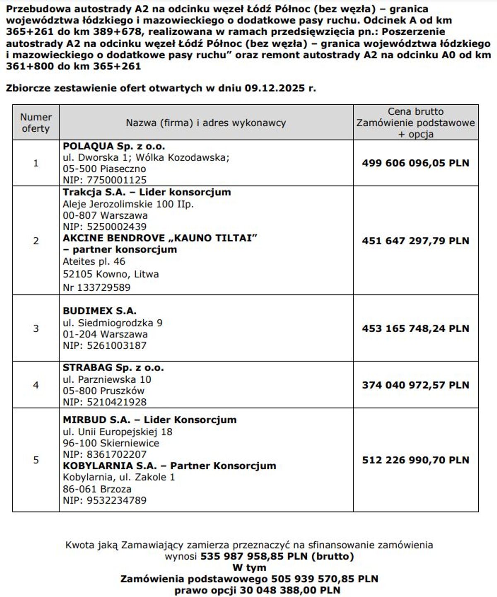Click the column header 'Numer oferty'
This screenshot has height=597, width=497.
pyautogui.click(x=36, y=123)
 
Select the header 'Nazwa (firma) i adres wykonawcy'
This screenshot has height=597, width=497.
pyautogui.click(x=206, y=123)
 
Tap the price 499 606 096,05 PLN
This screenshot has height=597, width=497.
pyautogui.click(x=415, y=163)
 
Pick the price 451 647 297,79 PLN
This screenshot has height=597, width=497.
pyautogui.click(x=415, y=241)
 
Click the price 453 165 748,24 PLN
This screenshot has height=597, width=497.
pyautogui.click(x=415, y=328)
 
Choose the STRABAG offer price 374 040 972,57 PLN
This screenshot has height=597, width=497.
pyautogui.click(x=415, y=385)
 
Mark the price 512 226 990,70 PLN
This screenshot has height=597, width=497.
pyautogui.click(x=415, y=460)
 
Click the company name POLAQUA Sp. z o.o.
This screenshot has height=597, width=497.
pyautogui.click(x=114, y=146)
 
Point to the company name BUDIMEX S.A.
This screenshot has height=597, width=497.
pyautogui.click(x=99, y=311)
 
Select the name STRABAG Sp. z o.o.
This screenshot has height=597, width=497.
pyautogui.click(x=113, y=367)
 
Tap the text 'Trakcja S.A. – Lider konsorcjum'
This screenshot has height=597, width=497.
pyautogui.click(x=147, y=192)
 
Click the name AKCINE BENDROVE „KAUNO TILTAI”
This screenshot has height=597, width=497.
pyautogui.click(x=160, y=238)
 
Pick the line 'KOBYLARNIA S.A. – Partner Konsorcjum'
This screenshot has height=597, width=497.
pyautogui.click(x=169, y=465)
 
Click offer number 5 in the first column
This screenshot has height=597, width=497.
pyautogui.click(x=36, y=460)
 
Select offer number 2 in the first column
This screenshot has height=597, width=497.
pyautogui.click(x=36, y=241)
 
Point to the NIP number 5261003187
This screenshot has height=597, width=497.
pyautogui.click(x=116, y=346)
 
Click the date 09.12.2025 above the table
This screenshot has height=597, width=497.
pyautogui.click(x=275, y=88)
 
